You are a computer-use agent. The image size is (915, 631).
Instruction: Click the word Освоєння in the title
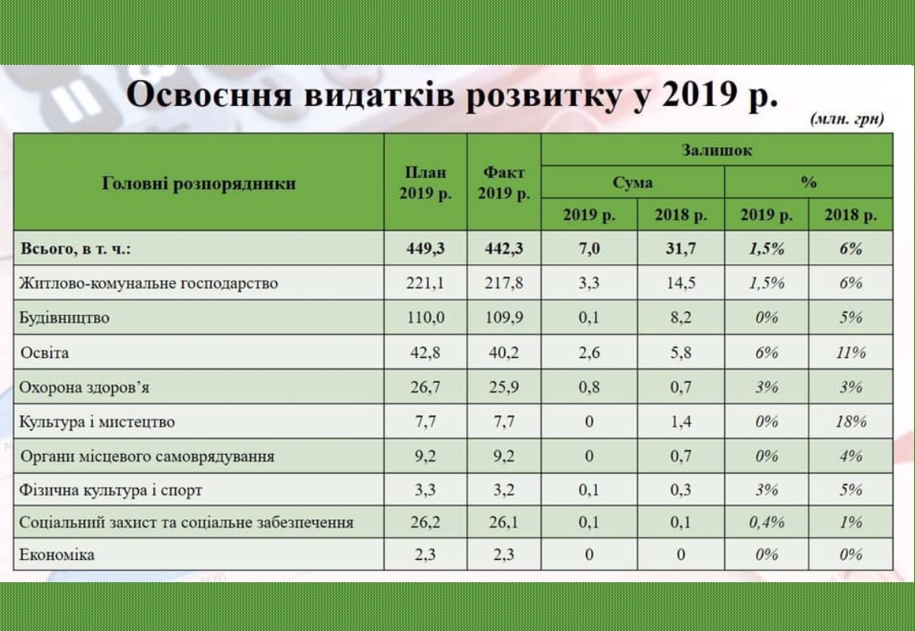[209, 95]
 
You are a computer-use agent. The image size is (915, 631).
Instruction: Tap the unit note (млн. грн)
[847, 119]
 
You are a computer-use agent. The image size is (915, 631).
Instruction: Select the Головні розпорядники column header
[198, 184]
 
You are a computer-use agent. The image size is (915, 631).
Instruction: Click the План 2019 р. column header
[425, 183]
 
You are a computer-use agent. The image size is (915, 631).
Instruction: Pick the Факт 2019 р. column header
[504, 183]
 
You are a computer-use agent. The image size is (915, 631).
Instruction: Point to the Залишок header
[717, 150]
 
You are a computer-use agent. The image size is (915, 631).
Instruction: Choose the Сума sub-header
[632, 182]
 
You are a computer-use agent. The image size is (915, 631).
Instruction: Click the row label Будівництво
[64, 318]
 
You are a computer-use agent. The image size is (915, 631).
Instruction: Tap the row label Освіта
[44, 353]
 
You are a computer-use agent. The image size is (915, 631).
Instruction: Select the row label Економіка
[56, 555]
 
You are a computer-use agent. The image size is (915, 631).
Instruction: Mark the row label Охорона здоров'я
[84, 387]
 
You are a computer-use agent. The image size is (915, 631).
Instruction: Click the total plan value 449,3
[425, 249]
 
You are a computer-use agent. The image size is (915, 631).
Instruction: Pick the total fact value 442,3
[504, 249]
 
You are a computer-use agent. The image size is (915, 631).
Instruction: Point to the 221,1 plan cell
[425, 283]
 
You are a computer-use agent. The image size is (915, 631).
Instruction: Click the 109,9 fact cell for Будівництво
[504, 318]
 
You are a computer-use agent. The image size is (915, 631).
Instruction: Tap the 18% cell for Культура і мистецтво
[851, 422]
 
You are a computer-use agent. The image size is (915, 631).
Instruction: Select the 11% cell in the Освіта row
[851, 353]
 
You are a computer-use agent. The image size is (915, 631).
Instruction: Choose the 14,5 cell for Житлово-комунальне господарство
[680, 283]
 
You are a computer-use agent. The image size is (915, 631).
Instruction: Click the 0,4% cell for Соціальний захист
[767, 523]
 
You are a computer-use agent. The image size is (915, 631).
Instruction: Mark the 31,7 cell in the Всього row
[680, 249]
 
